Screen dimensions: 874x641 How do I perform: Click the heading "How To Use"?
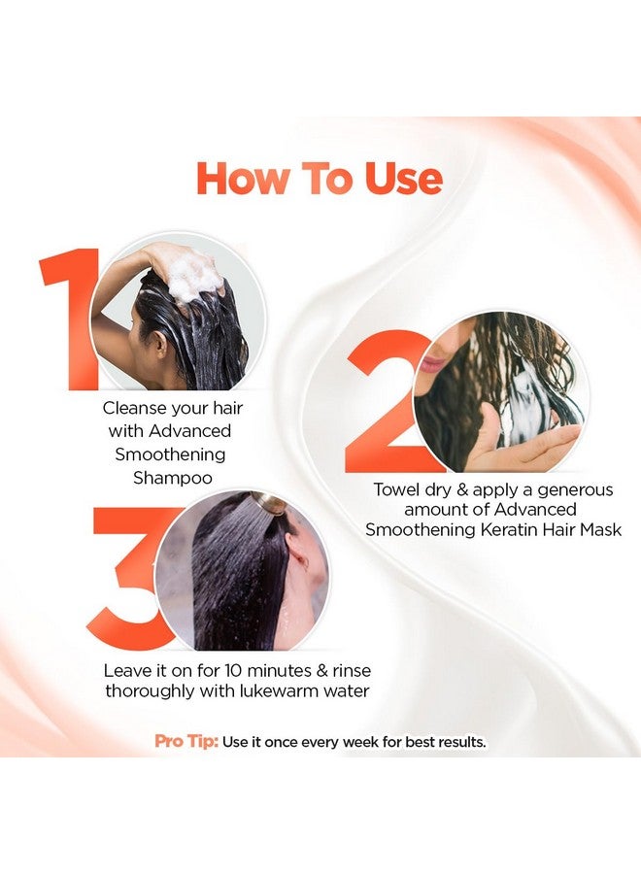(x=320, y=179)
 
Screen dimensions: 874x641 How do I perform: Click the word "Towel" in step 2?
(x=399, y=489)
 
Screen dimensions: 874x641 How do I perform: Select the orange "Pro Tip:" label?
(x=186, y=742)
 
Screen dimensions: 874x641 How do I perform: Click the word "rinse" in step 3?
(x=349, y=671)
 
